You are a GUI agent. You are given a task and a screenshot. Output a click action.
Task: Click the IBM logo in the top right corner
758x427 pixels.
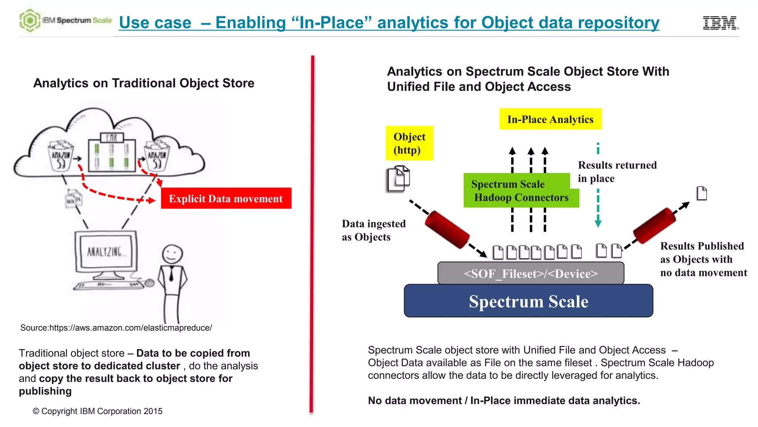pos(720,23)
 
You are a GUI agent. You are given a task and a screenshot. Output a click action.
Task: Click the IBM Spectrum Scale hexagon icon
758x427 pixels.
pos(30,20)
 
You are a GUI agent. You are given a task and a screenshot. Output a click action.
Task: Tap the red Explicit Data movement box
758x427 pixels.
pos(226,199)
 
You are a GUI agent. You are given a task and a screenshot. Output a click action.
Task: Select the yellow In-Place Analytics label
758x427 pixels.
pos(550,119)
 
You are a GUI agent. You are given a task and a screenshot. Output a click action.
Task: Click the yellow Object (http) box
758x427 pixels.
pos(409,143)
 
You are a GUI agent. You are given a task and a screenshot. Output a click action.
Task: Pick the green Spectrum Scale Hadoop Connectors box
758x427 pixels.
pos(520,191)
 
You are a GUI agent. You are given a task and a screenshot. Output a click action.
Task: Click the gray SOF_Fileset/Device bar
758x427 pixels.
pos(530,274)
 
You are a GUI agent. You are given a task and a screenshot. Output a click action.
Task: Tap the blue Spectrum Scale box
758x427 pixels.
pos(528,301)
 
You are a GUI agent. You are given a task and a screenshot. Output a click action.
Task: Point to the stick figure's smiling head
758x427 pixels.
pos(172,254)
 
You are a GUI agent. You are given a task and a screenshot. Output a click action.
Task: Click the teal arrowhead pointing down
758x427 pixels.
pos(598,223)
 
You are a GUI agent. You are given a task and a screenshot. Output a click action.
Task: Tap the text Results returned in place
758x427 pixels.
pos(617,172)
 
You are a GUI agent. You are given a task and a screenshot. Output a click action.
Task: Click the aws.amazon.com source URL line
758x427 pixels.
pos(116,328)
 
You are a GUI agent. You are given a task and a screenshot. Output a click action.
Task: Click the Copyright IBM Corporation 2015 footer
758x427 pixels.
pos(97,411)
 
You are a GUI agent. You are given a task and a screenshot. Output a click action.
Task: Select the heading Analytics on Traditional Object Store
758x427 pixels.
pos(144,83)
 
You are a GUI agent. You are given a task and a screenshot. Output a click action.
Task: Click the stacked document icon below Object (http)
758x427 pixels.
pos(398,179)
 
